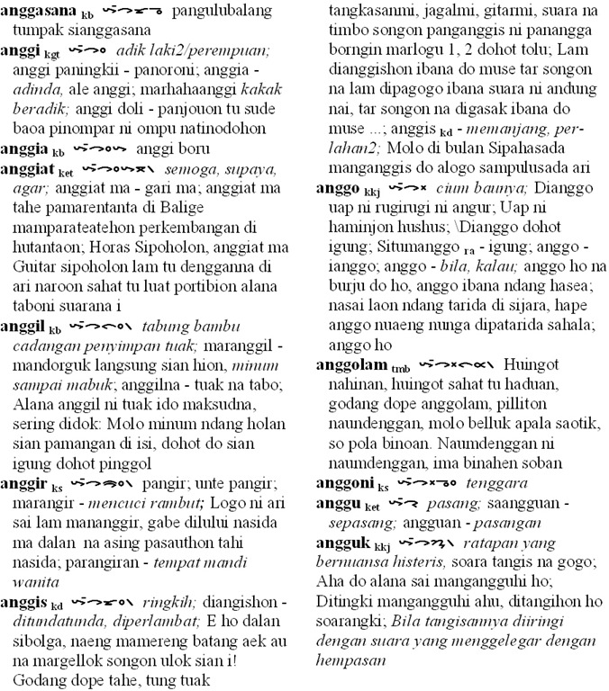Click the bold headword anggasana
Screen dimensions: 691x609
pyautogui.click(x=39, y=13)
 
